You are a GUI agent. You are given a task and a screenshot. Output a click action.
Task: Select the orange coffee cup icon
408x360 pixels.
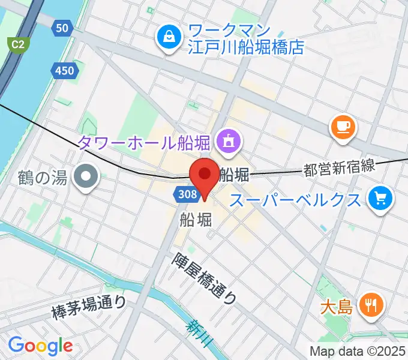(x=343, y=127)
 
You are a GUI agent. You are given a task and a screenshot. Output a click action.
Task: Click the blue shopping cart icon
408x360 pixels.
(x=380, y=197)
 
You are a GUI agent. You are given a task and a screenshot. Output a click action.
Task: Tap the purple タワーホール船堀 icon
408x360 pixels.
(x=228, y=142)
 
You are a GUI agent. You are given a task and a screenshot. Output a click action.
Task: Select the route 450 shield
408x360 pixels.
(x=64, y=71)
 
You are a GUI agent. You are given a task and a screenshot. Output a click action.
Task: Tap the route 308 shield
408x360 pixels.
(x=187, y=193)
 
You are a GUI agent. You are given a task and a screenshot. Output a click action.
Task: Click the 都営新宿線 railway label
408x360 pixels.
(x=339, y=169)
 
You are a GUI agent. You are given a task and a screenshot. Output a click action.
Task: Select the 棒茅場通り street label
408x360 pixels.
(x=89, y=307)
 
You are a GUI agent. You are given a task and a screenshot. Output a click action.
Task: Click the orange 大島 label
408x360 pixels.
(x=335, y=308)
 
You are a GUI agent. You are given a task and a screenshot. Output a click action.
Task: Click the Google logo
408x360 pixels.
(x=40, y=346)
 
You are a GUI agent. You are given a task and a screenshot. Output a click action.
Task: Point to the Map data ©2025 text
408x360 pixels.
(x=358, y=351)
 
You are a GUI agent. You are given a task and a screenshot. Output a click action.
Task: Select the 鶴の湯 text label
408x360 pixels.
(x=43, y=178)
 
